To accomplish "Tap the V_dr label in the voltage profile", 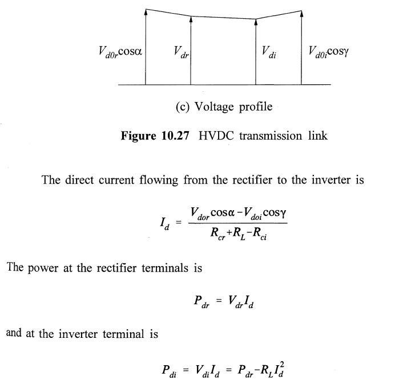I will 181,53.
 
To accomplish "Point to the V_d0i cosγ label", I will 328,52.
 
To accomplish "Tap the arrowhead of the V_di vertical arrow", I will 256,22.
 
